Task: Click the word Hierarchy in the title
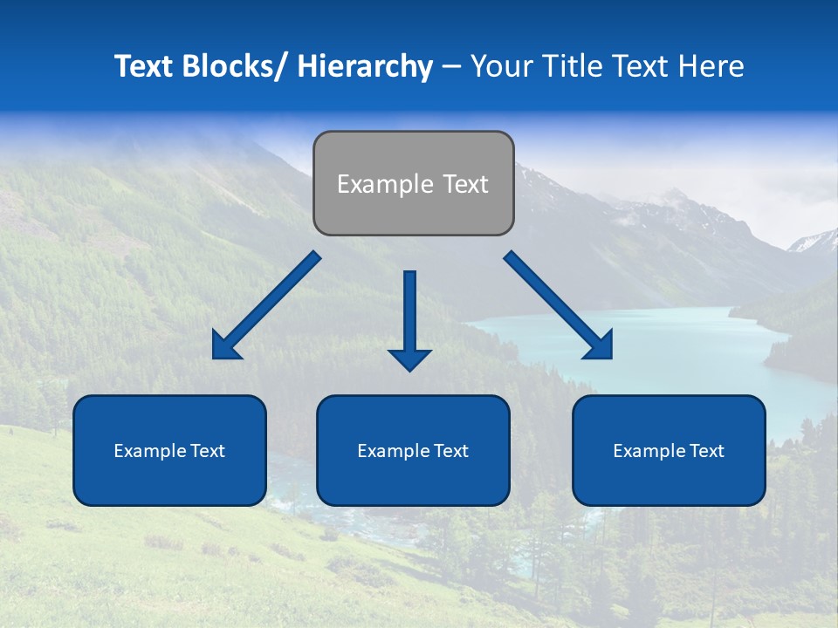click(365, 66)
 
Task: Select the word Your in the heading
click(502, 66)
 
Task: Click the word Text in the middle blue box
click(451, 451)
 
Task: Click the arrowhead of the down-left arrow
click(224, 347)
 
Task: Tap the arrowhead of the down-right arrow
click(601, 347)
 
